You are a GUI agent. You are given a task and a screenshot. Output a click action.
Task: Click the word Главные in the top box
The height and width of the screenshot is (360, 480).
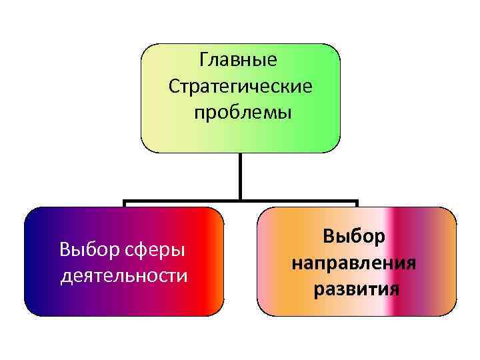[238, 61]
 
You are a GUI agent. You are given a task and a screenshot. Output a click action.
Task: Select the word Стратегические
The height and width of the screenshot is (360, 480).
[240, 86]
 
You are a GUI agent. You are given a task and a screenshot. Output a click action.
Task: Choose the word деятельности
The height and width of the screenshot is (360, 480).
[124, 275]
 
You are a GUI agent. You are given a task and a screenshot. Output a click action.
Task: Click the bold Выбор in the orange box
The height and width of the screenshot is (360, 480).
[354, 237]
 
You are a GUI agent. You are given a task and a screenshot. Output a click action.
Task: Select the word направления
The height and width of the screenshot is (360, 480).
[354, 263]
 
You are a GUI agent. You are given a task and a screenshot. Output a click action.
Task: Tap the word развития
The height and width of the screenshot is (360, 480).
[354, 289]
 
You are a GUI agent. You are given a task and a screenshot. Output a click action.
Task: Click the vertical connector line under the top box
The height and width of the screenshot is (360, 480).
[241, 176]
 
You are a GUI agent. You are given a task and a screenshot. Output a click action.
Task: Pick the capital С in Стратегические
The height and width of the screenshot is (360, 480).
[173, 86]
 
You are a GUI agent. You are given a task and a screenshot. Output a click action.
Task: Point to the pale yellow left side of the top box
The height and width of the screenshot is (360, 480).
[153, 100]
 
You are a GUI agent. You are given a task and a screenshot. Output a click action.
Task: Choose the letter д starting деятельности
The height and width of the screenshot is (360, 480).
[65, 275]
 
